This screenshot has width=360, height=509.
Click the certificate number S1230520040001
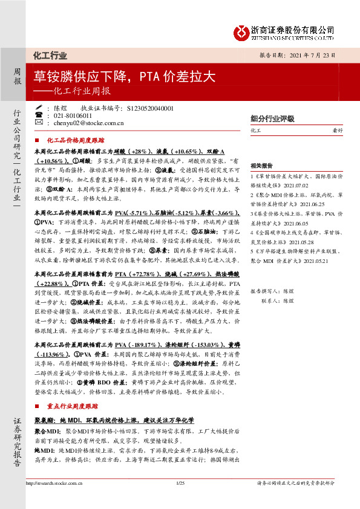click(151, 108)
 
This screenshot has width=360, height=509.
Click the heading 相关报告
click(262, 164)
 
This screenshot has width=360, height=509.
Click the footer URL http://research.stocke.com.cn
click(53, 500)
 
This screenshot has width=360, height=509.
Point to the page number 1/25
click(180, 500)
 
